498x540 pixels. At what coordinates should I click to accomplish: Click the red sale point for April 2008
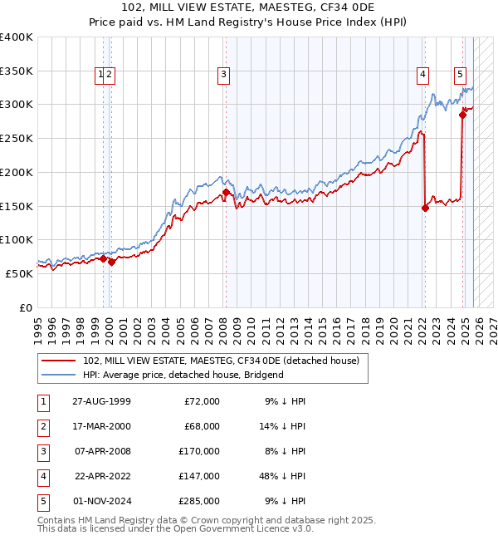226,193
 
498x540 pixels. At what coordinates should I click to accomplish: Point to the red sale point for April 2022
425,208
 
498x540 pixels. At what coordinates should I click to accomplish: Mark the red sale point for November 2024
462,115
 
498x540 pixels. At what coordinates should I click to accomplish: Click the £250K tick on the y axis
17,138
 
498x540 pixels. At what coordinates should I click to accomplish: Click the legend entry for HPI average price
183,375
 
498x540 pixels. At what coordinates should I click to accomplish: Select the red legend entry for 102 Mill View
220,361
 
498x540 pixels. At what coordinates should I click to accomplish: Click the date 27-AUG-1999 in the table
101,401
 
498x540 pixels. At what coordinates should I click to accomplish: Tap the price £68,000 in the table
202,426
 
